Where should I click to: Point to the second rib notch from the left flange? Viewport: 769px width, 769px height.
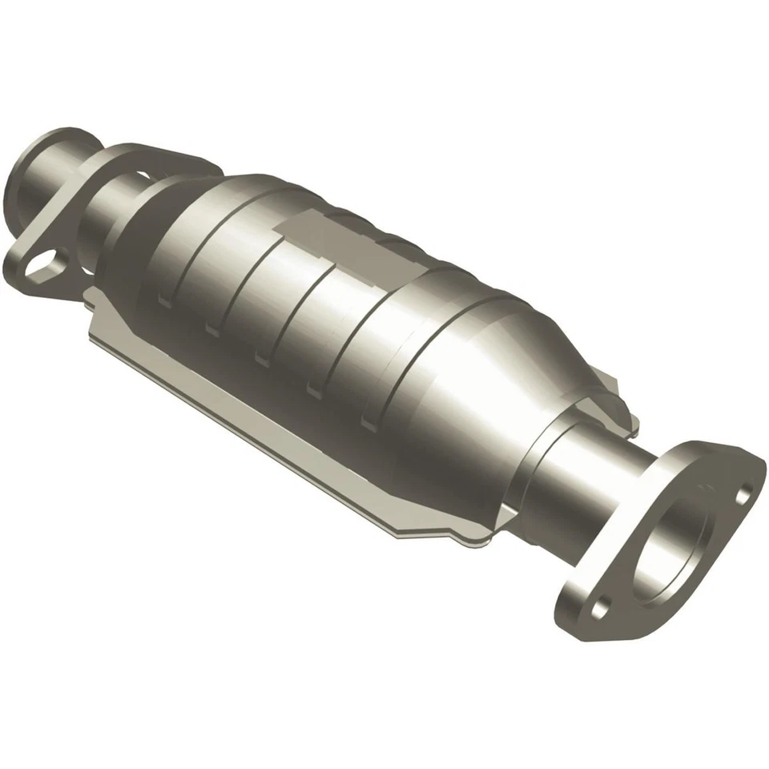(x=212, y=328)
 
